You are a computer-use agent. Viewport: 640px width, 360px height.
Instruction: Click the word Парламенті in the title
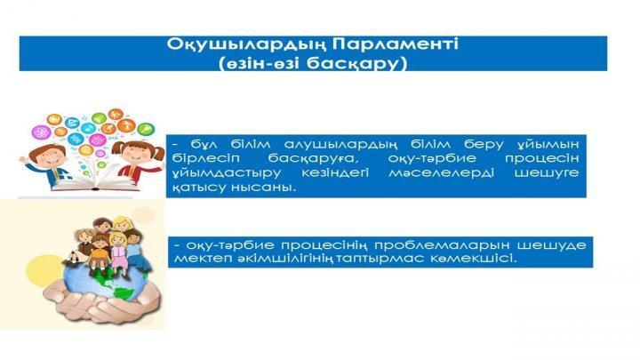point(395,44)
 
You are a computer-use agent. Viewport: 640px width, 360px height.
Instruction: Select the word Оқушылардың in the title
point(246,45)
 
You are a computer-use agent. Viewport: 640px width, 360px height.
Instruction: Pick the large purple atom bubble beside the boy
point(42,132)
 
